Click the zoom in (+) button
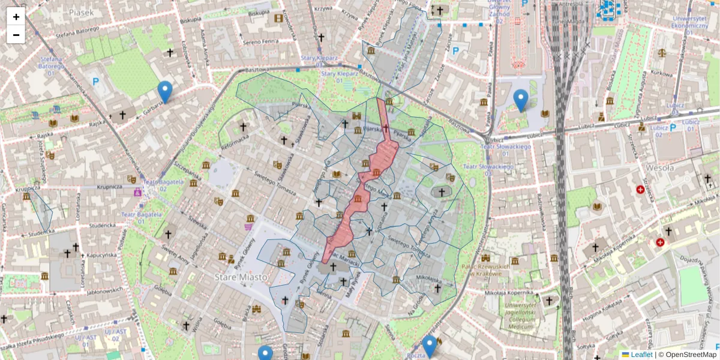point(16,17)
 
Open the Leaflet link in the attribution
point(641,355)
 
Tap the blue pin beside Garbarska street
point(165,91)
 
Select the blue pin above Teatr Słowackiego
point(521,100)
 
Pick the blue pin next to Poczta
point(429,346)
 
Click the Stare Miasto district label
point(238,277)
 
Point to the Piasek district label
point(82,11)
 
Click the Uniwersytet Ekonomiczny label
point(689,22)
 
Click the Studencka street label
point(102,226)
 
